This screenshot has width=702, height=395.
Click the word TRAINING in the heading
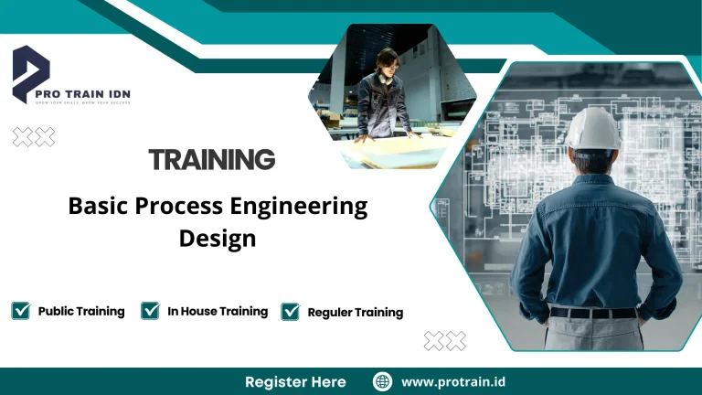click(212, 160)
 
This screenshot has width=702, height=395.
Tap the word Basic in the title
click(99, 207)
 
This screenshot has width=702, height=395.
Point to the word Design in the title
click(218, 239)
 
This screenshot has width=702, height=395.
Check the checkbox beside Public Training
click(20, 311)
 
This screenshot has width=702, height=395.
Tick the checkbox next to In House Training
click(151, 311)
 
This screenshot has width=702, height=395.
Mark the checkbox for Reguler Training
click(291, 312)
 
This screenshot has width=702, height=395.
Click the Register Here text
click(295, 381)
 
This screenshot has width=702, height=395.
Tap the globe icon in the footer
click(383, 381)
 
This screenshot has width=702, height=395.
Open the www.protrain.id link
click(454, 381)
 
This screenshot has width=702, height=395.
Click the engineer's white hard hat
click(592, 129)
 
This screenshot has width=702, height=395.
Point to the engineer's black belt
click(594, 312)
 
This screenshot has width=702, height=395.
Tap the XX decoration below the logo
click(33, 137)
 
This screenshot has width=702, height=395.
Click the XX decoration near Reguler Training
click(445, 341)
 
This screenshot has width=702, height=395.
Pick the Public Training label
click(81, 311)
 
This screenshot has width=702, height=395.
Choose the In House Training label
click(218, 311)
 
